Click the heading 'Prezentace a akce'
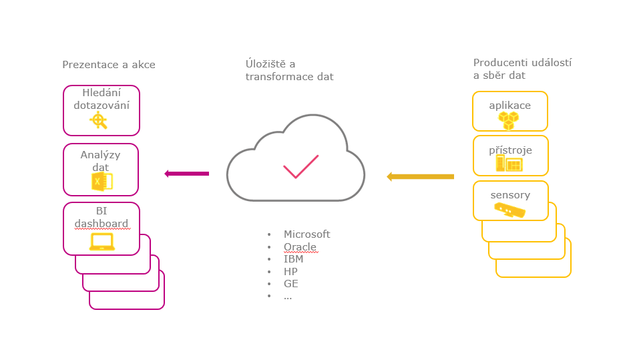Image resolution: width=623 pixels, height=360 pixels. tap(109, 65)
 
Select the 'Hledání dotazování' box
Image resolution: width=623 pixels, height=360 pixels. tap(101, 110)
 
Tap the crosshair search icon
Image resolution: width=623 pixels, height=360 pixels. tap(99, 121)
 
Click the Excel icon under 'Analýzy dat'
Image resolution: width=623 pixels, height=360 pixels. tap(101, 182)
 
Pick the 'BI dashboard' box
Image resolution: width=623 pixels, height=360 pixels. tap(101, 228)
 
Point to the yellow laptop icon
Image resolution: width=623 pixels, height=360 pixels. tap(102, 242)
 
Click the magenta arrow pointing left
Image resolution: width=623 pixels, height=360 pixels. tap(187, 174)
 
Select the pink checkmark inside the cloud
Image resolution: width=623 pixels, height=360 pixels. tap(300, 167)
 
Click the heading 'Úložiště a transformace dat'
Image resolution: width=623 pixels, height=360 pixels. tap(289, 70)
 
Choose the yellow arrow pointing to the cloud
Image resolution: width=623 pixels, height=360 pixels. tap(421, 177)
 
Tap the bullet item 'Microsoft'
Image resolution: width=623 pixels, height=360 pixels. tap(307, 234)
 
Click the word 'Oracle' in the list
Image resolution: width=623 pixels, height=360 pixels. tap(300, 247)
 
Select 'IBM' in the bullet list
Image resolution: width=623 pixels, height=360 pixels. tap(293, 259)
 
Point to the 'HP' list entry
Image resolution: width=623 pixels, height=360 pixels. tap(290, 272)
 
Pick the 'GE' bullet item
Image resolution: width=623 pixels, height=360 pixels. tap(290, 284)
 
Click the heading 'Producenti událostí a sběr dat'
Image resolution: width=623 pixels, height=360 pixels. tap(522, 69)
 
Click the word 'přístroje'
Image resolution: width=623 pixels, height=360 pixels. tap(510, 150)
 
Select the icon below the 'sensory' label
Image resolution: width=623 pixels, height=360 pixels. tap(509, 210)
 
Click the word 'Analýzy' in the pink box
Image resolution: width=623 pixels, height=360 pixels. tap(100, 155)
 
